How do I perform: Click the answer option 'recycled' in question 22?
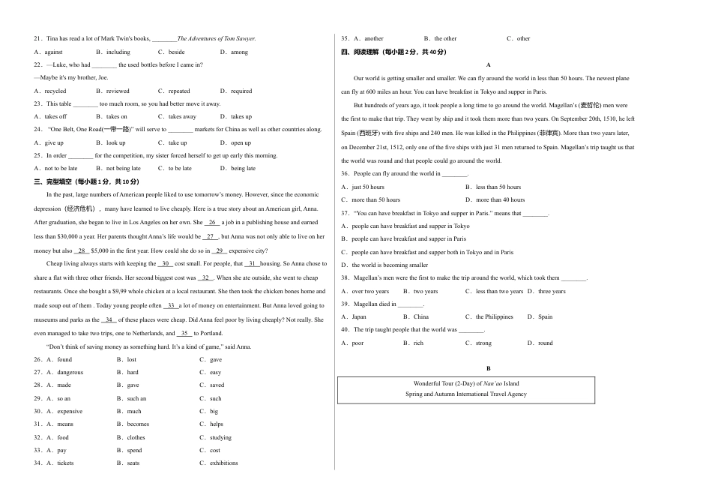[x=55, y=91]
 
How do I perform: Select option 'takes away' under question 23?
[x=182, y=116]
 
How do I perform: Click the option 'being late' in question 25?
[x=244, y=168]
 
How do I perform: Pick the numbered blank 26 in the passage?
[x=212, y=222]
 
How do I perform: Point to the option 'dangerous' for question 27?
[x=70, y=372]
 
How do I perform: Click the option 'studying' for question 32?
[x=220, y=437]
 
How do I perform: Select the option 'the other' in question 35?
[x=445, y=38]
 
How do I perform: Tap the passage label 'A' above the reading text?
[x=489, y=65]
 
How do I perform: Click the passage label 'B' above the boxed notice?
[x=489, y=368]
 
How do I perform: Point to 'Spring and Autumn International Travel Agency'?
[x=466, y=394]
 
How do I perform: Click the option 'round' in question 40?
[x=545, y=343]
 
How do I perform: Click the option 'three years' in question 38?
[x=552, y=291]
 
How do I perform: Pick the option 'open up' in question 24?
[x=241, y=142]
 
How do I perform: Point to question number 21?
[x=38, y=38]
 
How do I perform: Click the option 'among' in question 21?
[x=239, y=52]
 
